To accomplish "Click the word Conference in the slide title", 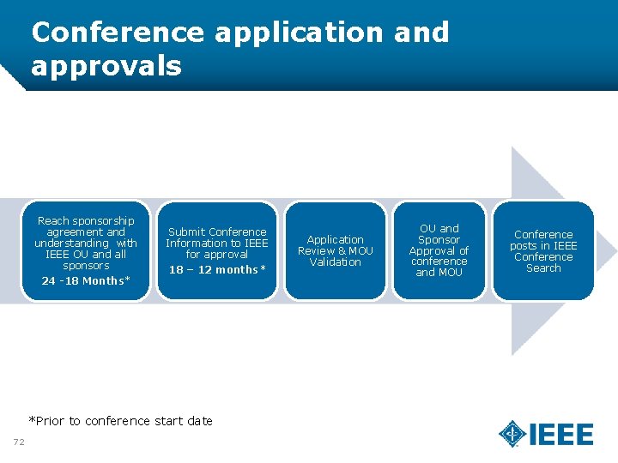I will tap(118, 33).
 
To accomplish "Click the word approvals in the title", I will tap(106, 66).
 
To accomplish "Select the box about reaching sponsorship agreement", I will tap(87, 250).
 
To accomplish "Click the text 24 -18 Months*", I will tap(86, 280).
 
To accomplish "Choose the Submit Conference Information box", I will tap(217, 250).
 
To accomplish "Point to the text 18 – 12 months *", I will tap(217, 270).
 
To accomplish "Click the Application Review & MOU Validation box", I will tap(335, 250).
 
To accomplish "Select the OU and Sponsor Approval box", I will tap(439, 250).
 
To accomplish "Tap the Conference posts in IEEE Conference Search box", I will tap(543, 250).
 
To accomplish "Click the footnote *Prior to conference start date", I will tap(120, 421).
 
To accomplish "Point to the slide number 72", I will tap(19, 442).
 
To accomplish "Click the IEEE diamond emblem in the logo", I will tap(512, 434).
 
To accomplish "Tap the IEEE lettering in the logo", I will tap(561, 435).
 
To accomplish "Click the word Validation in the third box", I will tap(335, 262).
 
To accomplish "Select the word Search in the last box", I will tap(543, 268).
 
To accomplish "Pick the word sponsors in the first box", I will tap(86, 266).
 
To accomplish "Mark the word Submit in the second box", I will tap(186, 231).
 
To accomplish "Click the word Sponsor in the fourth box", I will tap(439, 240).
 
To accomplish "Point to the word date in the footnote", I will tap(199, 421).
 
